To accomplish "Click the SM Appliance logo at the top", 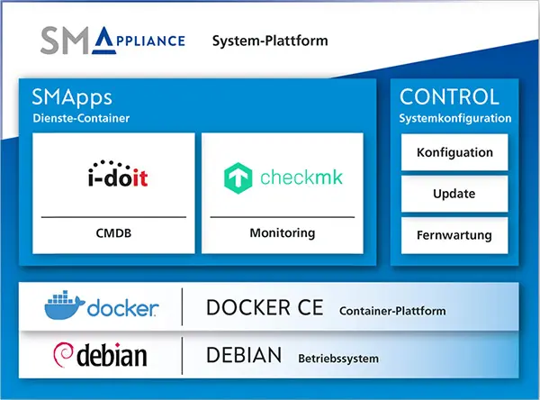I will coord(112,40).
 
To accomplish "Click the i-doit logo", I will coord(113,175).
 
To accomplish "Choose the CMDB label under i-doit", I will coord(113,233).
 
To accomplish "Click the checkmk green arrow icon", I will coord(238,178).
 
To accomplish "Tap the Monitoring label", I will coord(282,233).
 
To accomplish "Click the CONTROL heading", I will coord(448,97).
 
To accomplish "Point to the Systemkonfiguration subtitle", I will coord(454,118).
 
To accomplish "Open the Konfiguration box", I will coord(454,152).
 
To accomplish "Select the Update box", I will coord(454,194).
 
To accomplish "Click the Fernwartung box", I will coord(454,235).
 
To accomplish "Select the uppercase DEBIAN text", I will coord(244,355).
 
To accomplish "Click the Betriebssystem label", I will coord(338,359).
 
